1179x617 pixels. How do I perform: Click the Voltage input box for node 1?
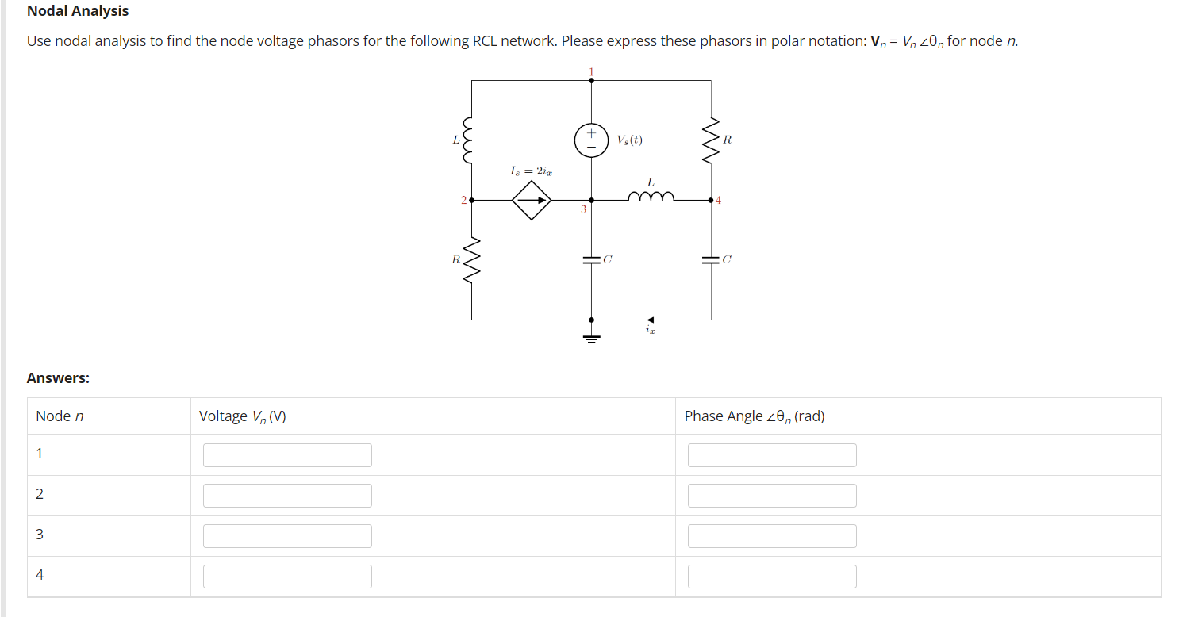pyautogui.click(x=287, y=455)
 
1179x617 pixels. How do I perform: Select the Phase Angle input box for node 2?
pyautogui.click(x=772, y=496)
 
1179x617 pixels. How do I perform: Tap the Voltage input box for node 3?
pyautogui.click(x=287, y=536)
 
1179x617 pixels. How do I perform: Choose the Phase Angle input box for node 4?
pyautogui.click(x=772, y=577)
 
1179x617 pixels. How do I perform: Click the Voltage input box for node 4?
pyautogui.click(x=287, y=577)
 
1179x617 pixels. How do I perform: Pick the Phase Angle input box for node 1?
pyautogui.click(x=772, y=455)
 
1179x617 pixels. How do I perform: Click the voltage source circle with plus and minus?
pyautogui.click(x=591, y=140)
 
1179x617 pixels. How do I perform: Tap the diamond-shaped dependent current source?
pyautogui.click(x=532, y=201)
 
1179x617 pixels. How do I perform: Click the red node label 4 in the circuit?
pyautogui.click(x=719, y=201)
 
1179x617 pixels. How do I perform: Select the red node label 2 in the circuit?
pyautogui.click(x=463, y=201)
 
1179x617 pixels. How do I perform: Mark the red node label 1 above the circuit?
pyautogui.click(x=591, y=71)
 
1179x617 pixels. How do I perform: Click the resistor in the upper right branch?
pyautogui.click(x=711, y=140)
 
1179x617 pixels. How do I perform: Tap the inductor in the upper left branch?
pyautogui.click(x=471, y=140)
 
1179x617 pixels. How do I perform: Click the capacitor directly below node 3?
pyautogui.click(x=591, y=259)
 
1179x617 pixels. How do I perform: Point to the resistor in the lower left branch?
pyautogui.click(x=471, y=259)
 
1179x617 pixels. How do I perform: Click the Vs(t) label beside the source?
pyautogui.click(x=629, y=140)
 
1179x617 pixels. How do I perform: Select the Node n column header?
pyautogui.click(x=60, y=416)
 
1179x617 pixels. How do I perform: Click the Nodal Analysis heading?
pyautogui.click(x=78, y=11)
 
